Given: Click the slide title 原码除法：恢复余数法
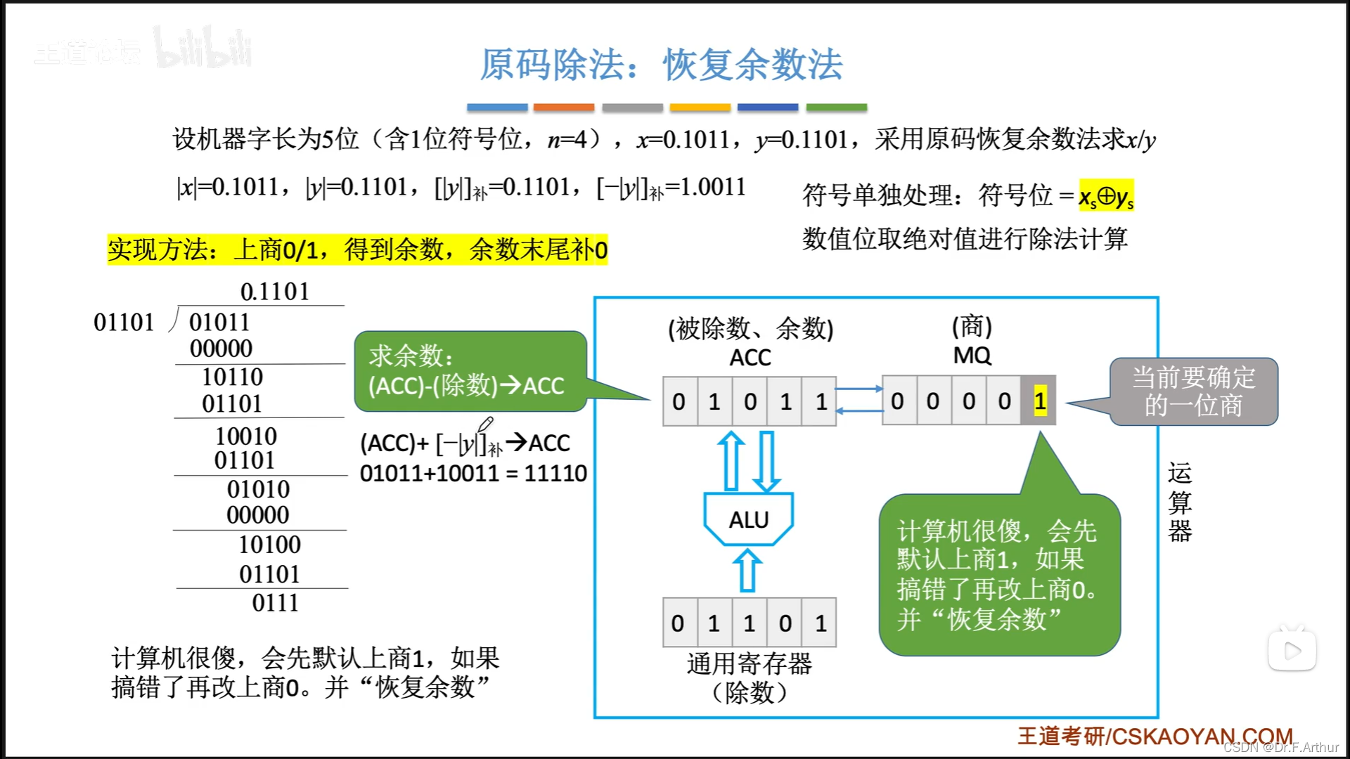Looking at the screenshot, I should click(x=661, y=65).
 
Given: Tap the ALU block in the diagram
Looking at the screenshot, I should click(x=749, y=520).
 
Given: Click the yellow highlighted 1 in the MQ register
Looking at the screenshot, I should click(x=1040, y=401).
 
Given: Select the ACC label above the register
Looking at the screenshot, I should click(x=750, y=358).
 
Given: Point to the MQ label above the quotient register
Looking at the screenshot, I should click(x=972, y=356).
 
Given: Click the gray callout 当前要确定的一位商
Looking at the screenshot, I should click(x=1193, y=391).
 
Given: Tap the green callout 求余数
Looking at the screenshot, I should click(x=470, y=371).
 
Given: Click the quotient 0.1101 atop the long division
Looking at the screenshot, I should click(x=274, y=292).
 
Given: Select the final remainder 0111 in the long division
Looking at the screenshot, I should click(x=275, y=603).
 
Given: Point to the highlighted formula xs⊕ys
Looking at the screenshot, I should click(x=1106, y=197).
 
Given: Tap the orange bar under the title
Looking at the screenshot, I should click(x=563, y=108).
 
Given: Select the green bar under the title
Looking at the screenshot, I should click(x=836, y=108).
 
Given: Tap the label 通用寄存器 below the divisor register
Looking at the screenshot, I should click(x=749, y=663).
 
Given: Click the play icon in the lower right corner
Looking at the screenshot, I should click(x=1292, y=651).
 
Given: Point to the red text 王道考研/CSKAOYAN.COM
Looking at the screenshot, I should click(x=1155, y=736).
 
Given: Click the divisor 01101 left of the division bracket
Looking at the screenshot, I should click(x=124, y=323).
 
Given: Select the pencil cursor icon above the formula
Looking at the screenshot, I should click(x=486, y=423).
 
